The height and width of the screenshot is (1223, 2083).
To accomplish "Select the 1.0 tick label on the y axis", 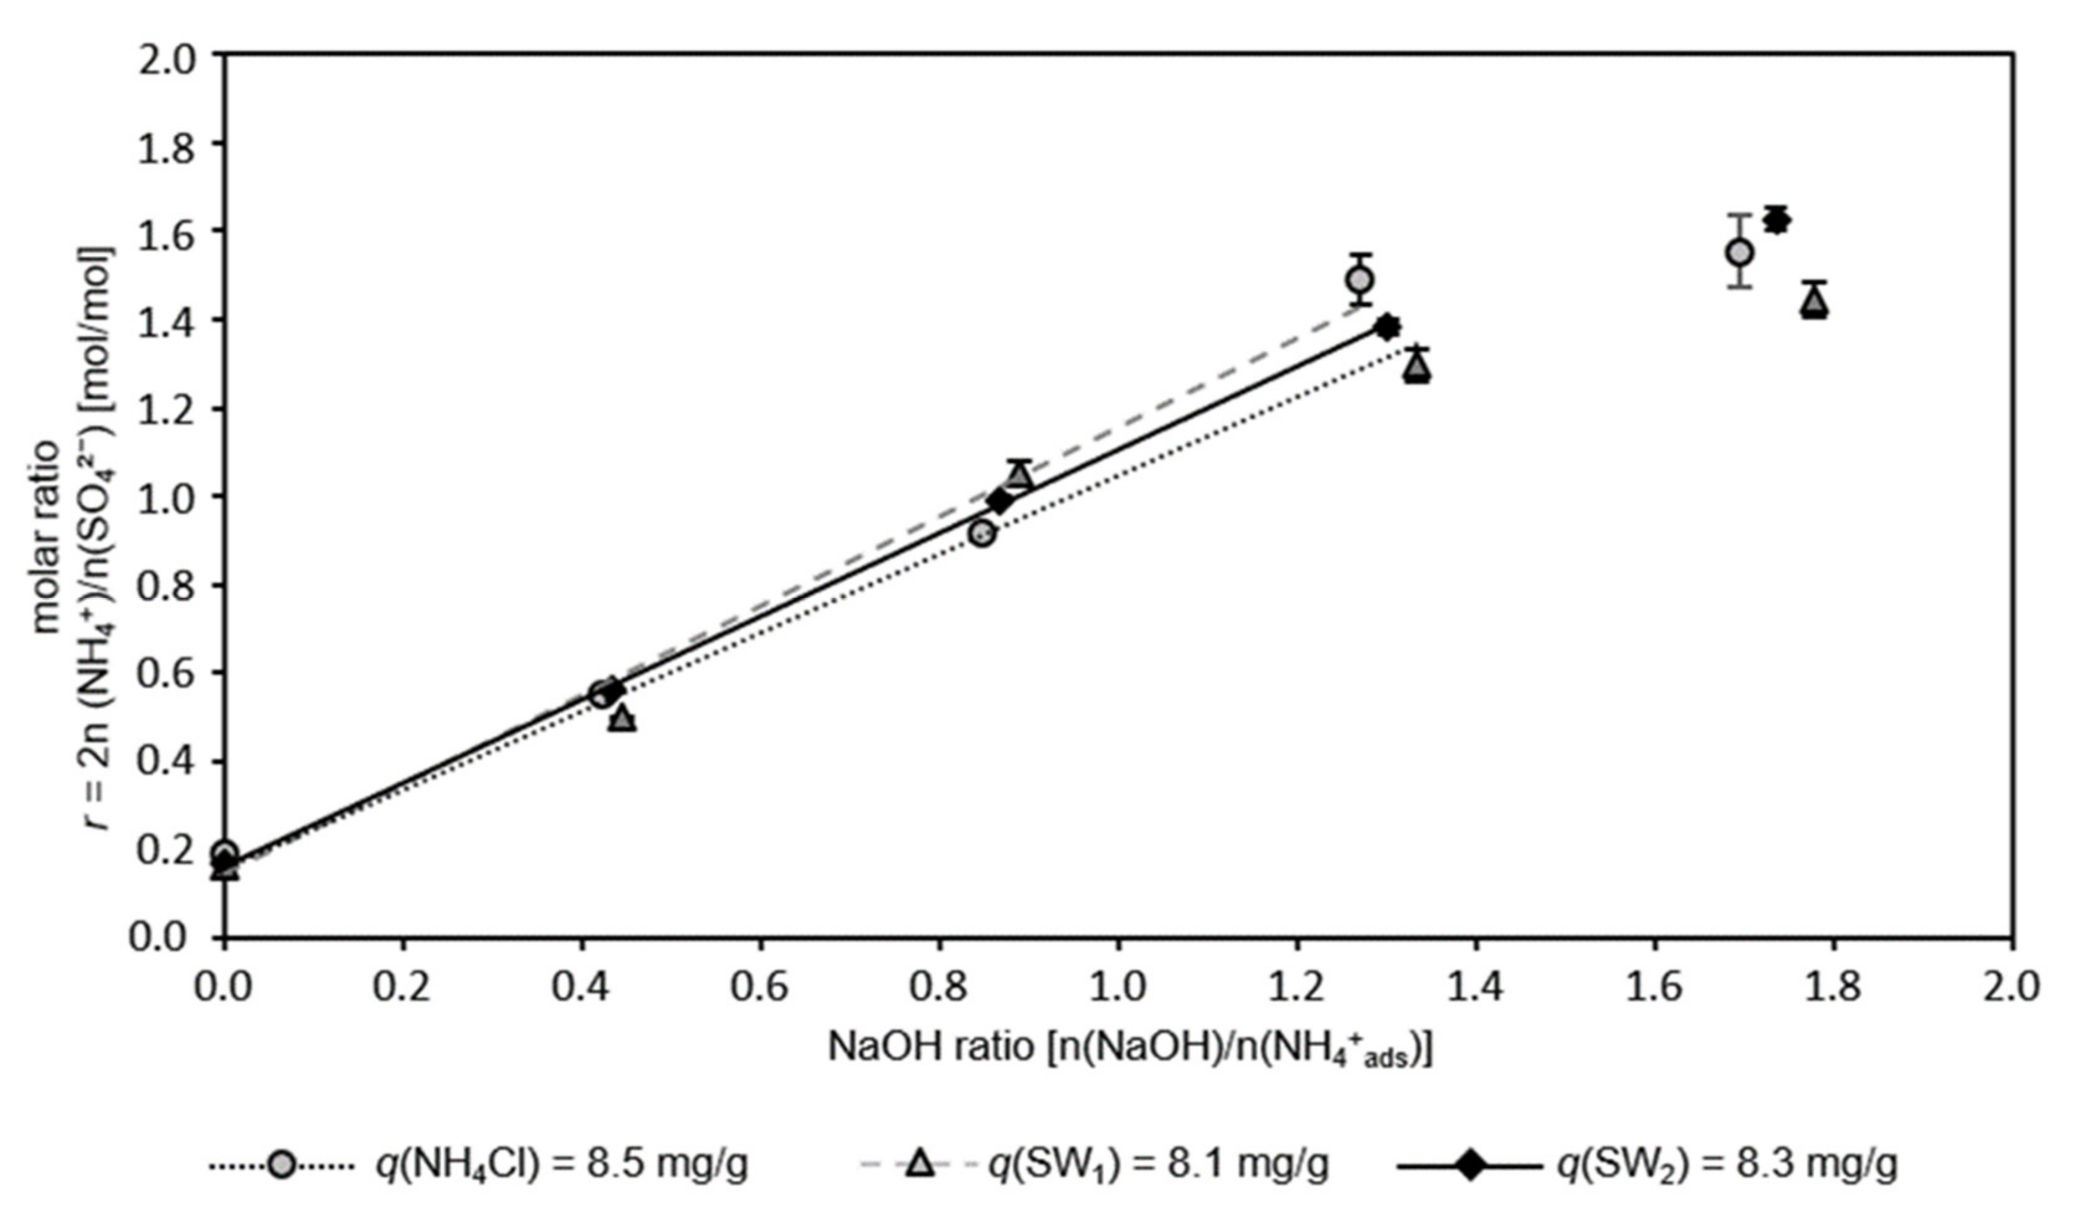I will click(169, 497).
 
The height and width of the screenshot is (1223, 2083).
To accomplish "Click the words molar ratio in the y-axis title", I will click(47, 537).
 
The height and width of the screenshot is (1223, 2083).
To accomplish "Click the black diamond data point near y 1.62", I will click(1776, 221).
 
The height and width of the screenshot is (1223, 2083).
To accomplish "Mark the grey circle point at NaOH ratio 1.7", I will click(1740, 252).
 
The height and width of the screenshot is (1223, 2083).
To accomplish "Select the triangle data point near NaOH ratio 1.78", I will click(1814, 304).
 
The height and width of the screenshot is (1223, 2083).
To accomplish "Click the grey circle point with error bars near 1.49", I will click(1360, 280).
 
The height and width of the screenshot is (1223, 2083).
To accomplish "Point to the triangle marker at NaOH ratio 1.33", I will click(1417, 367).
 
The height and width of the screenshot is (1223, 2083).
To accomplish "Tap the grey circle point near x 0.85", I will click(982, 534).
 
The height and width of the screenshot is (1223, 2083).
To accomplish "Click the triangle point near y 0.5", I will click(623, 719).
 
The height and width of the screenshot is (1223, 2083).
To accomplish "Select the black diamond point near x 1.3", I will click(1388, 327).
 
